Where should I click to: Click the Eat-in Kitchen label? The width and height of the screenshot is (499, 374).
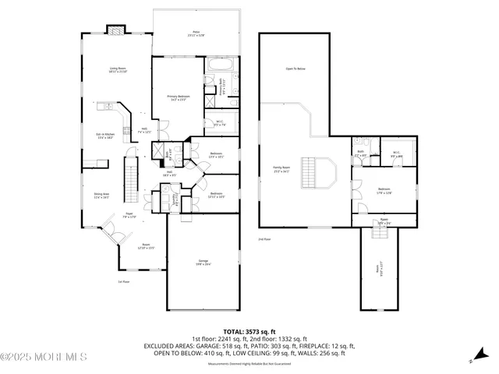click(x=104, y=136)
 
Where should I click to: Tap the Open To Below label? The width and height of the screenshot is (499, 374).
click(x=295, y=69)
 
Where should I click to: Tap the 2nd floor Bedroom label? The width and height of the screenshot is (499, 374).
click(x=384, y=190)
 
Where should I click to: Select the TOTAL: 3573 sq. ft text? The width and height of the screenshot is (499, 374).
click(x=249, y=331)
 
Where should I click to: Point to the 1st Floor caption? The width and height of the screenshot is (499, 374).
click(x=123, y=281)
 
